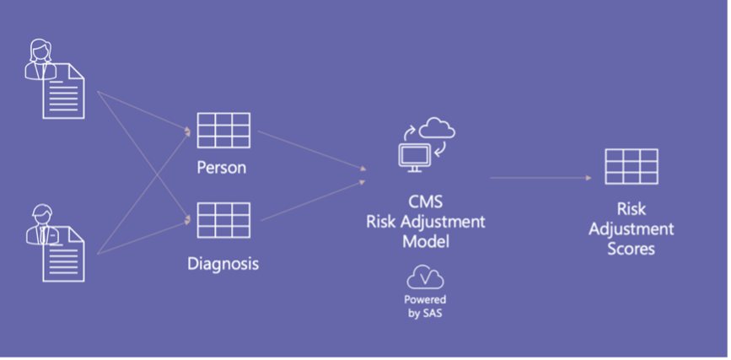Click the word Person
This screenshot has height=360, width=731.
coord(222,168)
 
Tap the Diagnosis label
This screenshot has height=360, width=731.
coord(223,264)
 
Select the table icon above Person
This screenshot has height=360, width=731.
coord(223,131)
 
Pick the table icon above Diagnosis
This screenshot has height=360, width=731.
coord(223,220)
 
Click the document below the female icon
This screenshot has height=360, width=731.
coord(64,91)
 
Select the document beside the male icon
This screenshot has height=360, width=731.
coord(64,255)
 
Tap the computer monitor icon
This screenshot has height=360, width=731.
coord(414,157)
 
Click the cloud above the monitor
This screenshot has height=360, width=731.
coord(437,128)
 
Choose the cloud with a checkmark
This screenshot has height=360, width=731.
coord(425,277)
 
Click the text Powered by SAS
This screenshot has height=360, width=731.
coord(425,306)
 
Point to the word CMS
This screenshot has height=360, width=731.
coord(425,201)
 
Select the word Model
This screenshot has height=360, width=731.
coord(426,241)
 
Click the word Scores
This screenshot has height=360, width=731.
coord(632,249)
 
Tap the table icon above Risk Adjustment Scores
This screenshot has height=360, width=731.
coord(632,166)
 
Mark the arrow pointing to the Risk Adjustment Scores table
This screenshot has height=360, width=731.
coord(540,178)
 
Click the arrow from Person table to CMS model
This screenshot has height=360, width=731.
coord(312,151)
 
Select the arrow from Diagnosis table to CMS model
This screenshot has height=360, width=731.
coord(313,201)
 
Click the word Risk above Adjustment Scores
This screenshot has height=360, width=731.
coord(632,209)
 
